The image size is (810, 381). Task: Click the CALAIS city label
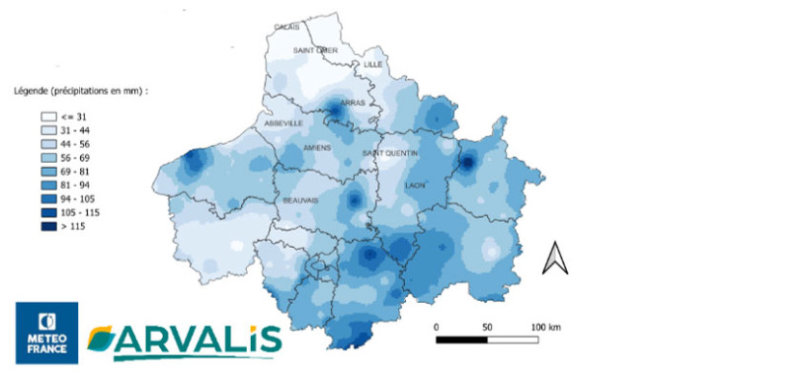pyautogui.click(x=287, y=27)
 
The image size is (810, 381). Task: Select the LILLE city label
pyautogui.click(x=372, y=64)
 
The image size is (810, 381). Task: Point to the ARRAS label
pyautogui.click(x=352, y=103)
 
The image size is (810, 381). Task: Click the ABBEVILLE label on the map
pyautogui.click(x=283, y=123)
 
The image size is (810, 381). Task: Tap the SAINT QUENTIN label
pyautogui.click(x=390, y=154)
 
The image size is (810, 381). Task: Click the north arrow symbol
pyautogui.click(x=556, y=258)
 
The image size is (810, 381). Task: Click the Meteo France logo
pyautogui.click(x=46, y=332)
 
